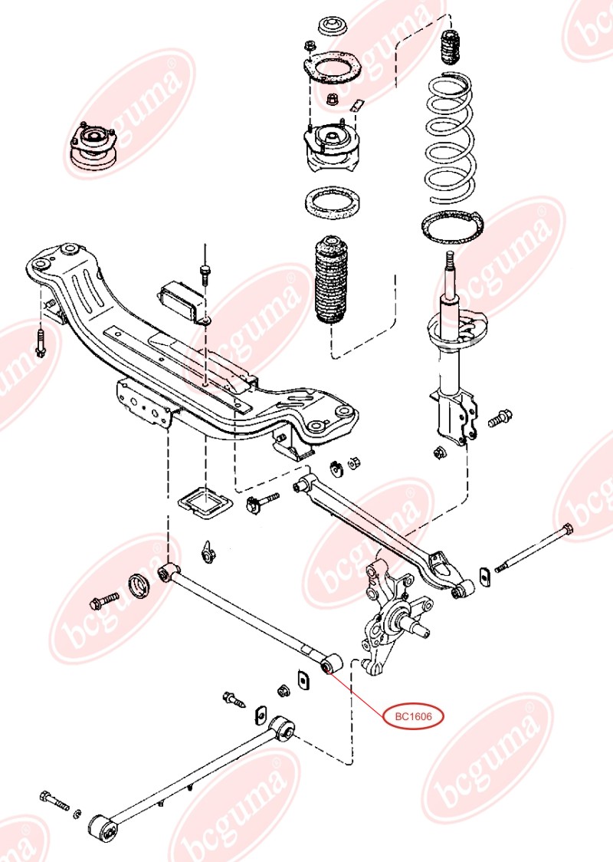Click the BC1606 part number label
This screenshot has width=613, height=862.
point(414,717)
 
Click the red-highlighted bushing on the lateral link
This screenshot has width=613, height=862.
point(331,664)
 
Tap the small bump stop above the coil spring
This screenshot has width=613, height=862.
point(448,48)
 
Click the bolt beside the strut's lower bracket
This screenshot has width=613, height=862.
point(500,418)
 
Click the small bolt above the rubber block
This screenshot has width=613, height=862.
point(205,272)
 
